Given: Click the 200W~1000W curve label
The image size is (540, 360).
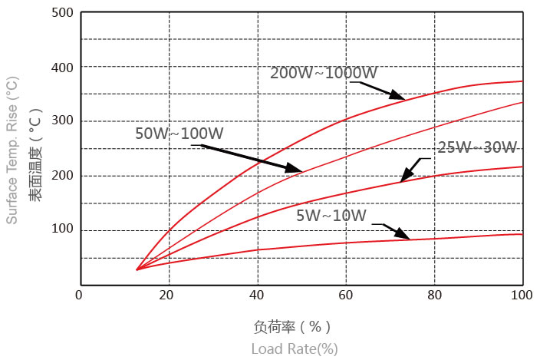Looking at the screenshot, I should click(x=324, y=74).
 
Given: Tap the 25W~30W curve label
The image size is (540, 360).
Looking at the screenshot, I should click(x=488, y=147).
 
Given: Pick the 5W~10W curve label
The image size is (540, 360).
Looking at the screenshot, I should click(x=332, y=215).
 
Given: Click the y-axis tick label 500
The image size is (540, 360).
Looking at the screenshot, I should click(x=63, y=13).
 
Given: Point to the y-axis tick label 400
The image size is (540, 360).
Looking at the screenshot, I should click(x=63, y=68).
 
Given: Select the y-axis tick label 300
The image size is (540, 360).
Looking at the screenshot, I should click(x=63, y=121).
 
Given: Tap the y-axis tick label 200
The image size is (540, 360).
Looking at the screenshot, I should click(x=63, y=176).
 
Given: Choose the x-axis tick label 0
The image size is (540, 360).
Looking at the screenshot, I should click(x=79, y=295).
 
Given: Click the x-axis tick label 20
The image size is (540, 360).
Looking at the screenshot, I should click(x=168, y=295).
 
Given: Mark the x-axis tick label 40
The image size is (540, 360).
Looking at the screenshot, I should click(x=257, y=295).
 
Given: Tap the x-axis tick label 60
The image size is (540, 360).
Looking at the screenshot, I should click(x=346, y=295).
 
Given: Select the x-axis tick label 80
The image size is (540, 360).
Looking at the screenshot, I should click(x=434, y=295).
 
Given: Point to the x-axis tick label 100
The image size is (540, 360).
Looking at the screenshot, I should click(x=522, y=295).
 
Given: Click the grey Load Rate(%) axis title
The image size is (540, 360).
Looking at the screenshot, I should click(x=295, y=349).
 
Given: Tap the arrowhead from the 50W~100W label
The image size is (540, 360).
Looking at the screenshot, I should click(x=297, y=169).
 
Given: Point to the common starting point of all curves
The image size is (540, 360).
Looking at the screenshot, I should click(x=137, y=269).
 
